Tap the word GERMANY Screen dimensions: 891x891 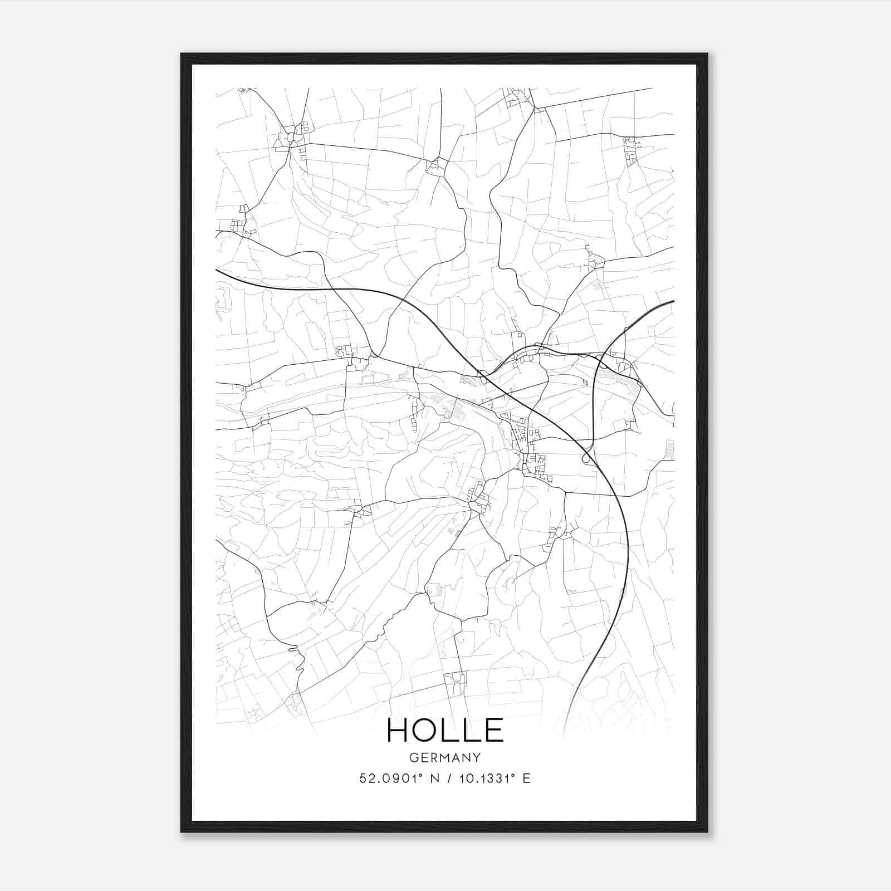click(445, 758)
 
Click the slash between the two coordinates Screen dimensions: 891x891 click(449, 779)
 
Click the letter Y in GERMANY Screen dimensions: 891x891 click(477, 758)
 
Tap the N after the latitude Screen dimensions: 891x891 click(435, 779)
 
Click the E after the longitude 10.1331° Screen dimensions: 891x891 click(526, 779)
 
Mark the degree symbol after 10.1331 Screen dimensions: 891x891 click(516, 775)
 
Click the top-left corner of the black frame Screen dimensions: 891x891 click(182, 54)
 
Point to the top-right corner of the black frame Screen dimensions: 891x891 click(707, 54)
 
